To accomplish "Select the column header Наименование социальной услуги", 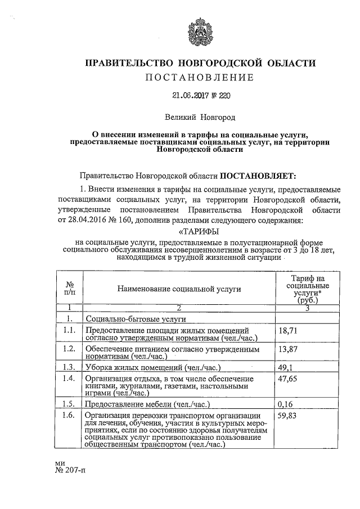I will pos(179,289).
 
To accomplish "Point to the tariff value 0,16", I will pos(286,404).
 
